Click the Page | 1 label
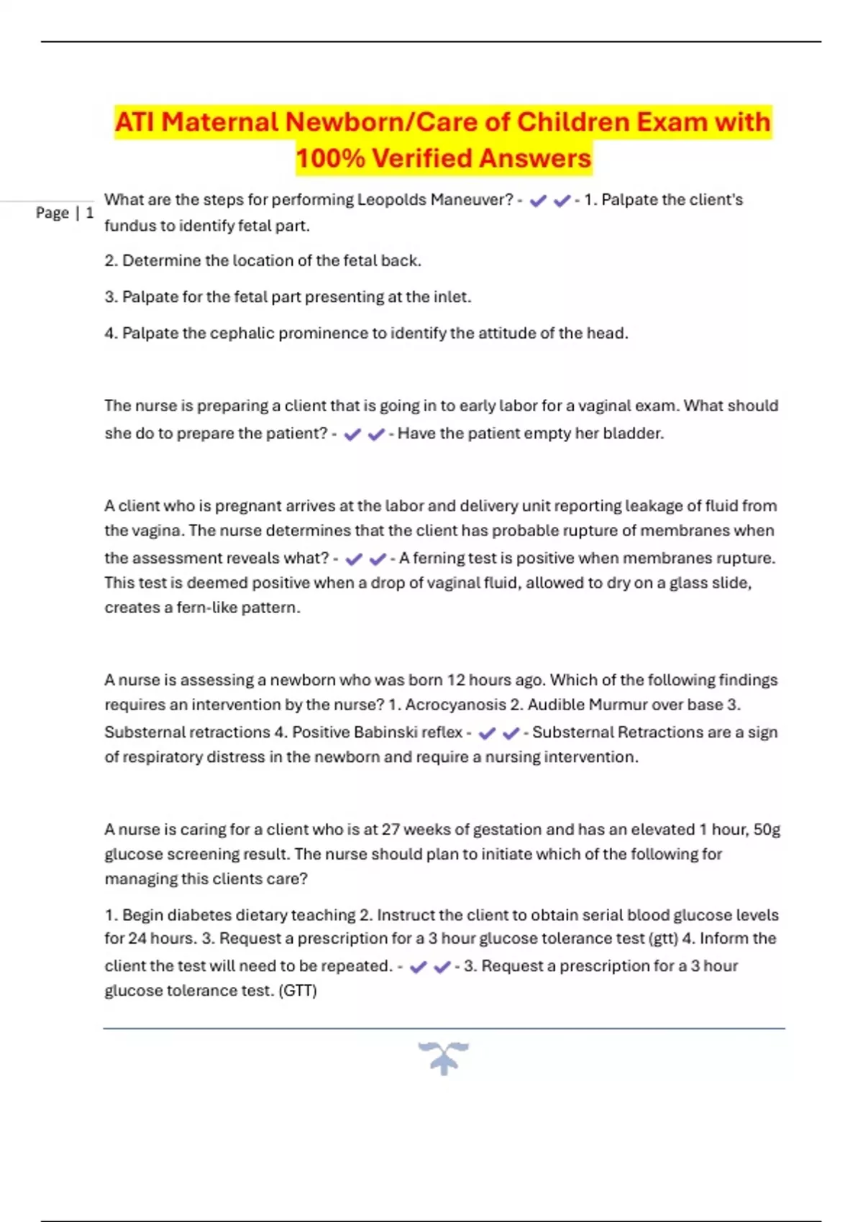[x=65, y=213]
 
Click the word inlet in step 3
[x=452, y=297]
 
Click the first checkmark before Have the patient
[x=352, y=435]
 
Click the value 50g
[x=767, y=830]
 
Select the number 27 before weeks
[x=391, y=830]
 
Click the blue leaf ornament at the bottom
[x=444, y=1057]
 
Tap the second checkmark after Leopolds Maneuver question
[x=562, y=201]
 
